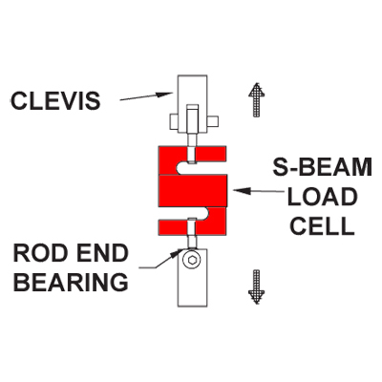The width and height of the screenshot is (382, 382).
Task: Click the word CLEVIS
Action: [55, 100]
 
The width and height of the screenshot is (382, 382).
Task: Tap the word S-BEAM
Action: [323, 167]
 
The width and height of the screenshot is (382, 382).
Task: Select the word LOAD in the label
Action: [322, 197]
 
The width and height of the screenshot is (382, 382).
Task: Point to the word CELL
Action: [322, 225]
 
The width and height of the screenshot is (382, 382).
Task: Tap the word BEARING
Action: [71, 282]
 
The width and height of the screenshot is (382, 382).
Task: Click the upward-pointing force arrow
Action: [257, 99]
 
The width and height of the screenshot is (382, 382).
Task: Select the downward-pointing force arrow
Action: [257, 286]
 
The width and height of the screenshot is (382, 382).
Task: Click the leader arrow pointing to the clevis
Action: [146, 96]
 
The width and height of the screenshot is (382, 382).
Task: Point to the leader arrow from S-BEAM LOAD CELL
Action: [258, 191]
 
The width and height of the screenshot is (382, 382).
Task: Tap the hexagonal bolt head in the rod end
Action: [192, 261]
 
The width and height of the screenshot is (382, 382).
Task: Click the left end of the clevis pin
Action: [174, 121]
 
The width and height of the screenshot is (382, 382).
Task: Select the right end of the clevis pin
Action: [213, 121]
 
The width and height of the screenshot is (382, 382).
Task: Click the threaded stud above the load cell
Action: [192, 149]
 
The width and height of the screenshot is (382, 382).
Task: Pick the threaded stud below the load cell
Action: [192, 234]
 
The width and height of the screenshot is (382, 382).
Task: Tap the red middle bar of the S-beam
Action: [193, 191]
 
